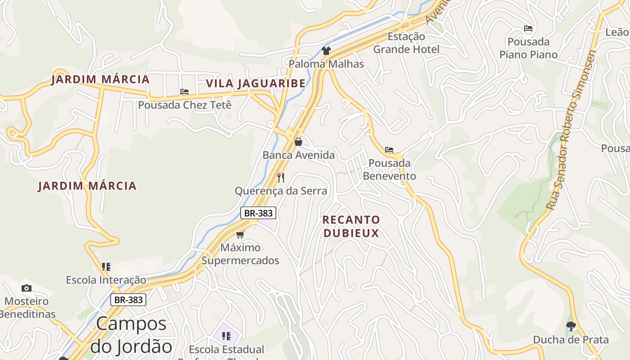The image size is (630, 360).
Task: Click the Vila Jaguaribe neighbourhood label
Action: tap(256, 83)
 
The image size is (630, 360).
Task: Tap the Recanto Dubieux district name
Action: tap(351, 226)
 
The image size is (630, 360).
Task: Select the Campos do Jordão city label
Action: tap(131, 335)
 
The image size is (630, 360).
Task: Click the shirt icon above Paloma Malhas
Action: tap(326, 50)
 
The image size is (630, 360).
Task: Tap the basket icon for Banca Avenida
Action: tap(298, 142)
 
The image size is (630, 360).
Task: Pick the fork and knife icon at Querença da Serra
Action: tap(281, 177)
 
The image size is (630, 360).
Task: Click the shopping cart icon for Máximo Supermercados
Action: tap(240, 234)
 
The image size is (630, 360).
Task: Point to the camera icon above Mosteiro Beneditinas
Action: tap(27, 288)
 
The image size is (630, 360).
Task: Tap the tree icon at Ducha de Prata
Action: tap(571, 326)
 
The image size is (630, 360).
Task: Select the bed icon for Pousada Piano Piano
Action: tap(528, 29)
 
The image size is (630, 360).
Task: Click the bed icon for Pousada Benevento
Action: tap(389, 150)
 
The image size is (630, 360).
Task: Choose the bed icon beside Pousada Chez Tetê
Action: tap(184, 92)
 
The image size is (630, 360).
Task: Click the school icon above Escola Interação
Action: tap(106, 267)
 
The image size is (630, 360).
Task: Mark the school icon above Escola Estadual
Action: tap(226, 336)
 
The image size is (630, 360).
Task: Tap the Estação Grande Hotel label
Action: tap(406, 43)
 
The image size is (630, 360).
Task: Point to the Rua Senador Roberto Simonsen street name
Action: tap(571, 130)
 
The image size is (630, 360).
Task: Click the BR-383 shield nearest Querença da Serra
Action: tap(258, 213)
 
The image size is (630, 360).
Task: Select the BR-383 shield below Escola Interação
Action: tap(129, 300)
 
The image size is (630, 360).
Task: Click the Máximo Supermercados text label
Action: tap(240, 254)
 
